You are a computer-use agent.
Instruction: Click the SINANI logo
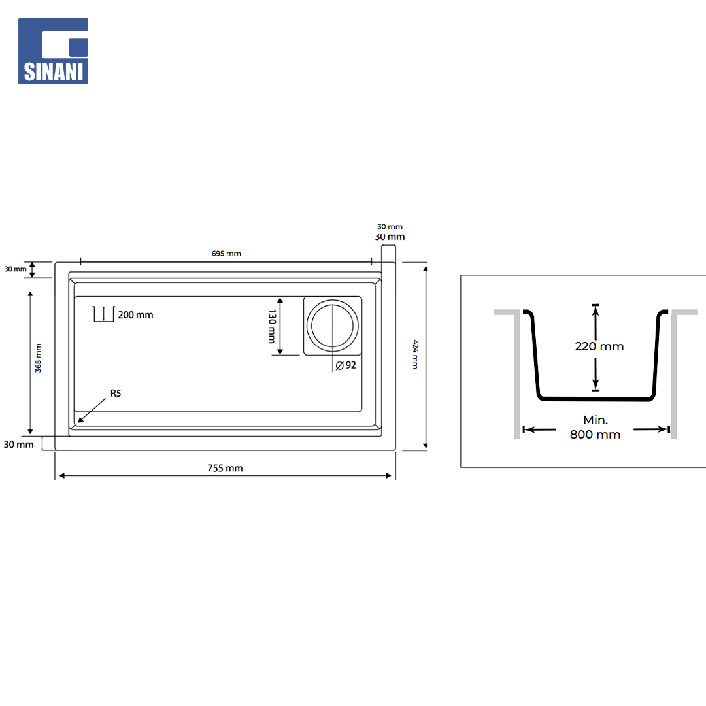tap(53, 51)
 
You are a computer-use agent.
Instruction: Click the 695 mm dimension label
tap(226, 254)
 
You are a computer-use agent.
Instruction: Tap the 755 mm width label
tap(225, 468)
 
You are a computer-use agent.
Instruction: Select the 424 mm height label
tap(416, 354)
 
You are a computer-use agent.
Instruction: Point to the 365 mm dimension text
tap(39, 358)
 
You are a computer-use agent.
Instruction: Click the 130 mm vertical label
tap(271, 326)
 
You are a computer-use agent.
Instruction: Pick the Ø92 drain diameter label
tap(346, 365)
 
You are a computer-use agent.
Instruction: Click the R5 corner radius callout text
tap(116, 394)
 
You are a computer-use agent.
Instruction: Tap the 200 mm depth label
tap(135, 315)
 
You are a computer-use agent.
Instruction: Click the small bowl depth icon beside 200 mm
tap(103, 314)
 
